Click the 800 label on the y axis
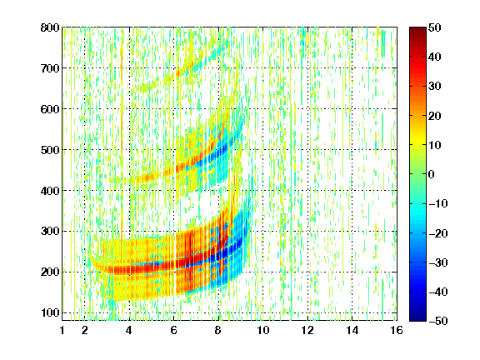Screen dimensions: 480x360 click(50, 27)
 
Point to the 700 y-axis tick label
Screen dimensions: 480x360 click(50, 68)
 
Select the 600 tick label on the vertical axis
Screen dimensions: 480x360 click(50, 109)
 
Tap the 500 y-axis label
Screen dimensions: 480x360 click(50, 150)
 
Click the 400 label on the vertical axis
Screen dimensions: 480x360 click(50, 191)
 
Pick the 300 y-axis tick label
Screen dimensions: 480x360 click(50, 232)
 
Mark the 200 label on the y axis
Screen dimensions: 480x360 click(50, 272)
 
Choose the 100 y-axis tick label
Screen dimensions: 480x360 click(50, 312)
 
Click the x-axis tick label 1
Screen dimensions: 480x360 click(62, 330)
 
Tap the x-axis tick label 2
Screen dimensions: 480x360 click(85, 330)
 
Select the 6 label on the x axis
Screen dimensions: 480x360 click(173, 330)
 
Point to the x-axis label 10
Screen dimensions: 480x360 click(263, 330)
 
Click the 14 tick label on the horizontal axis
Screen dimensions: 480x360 click(352, 330)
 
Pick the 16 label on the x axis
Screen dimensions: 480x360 click(397, 330)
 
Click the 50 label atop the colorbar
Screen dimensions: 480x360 click(435, 27)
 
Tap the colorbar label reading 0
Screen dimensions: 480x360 click(432, 174)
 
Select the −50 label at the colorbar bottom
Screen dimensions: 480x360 click(438, 321)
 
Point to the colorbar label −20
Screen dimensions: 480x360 click(438, 233)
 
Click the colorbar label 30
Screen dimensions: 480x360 click(435, 87)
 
